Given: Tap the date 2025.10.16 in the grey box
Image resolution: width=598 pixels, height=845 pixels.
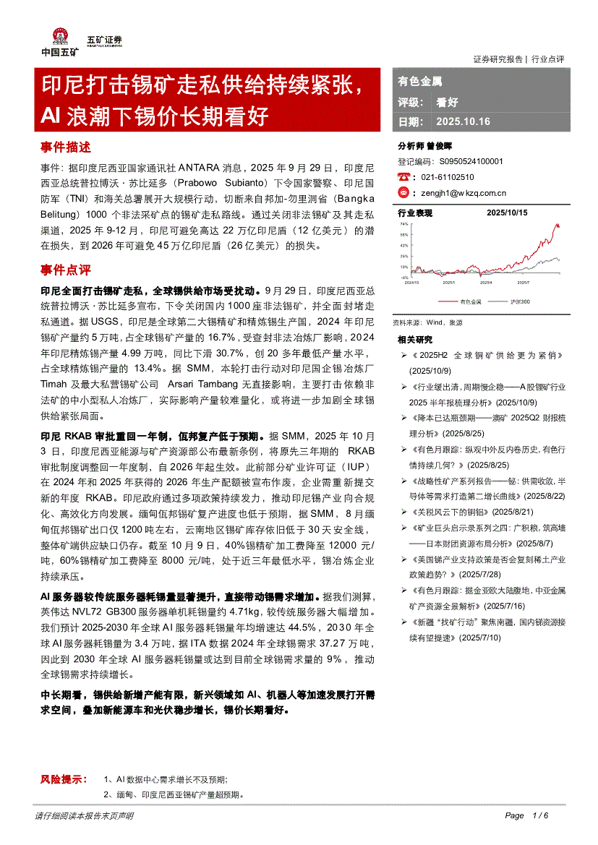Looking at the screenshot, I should tap(463, 121).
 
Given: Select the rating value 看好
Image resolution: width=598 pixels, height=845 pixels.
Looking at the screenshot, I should tap(447, 102).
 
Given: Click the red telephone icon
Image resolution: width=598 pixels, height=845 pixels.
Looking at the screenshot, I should tap(403, 177).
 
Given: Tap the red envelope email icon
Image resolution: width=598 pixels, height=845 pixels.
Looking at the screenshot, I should tap(403, 192).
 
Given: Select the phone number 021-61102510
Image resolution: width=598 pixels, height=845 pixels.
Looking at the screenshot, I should tap(448, 177).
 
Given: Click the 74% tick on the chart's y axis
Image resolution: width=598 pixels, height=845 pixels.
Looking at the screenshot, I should tap(404, 224).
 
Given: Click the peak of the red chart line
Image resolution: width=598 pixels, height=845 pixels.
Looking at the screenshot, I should tap(556, 225).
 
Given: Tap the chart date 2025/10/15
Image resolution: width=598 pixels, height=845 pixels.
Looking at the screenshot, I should tap(507, 213).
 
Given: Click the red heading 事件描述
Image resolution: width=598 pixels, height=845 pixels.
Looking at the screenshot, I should tap(66, 147).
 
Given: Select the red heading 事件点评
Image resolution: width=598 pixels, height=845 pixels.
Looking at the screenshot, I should tap(66, 270).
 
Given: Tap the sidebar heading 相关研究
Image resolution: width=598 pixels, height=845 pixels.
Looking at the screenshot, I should tap(415, 340).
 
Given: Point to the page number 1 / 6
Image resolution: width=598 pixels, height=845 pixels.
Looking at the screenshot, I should tap(540, 815).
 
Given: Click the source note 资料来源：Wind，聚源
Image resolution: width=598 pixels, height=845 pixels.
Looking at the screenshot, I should tap(427, 322).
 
